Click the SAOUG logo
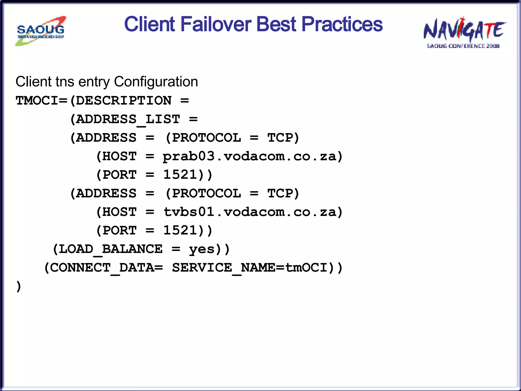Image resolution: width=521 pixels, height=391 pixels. pyautogui.click(x=41, y=31)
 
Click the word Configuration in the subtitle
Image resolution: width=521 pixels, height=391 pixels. pyautogui.click(x=156, y=82)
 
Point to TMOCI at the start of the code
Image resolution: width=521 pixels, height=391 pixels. pyautogui.click(x=37, y=101)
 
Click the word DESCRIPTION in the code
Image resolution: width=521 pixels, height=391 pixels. pyautogui.click(x=124, y=101)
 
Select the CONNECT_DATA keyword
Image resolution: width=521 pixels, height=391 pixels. pyautogui.click(x=102, y=268)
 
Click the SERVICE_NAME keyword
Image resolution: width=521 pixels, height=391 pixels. pyautogui.click(x=224, y=268)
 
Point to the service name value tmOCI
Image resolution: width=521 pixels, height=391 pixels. pyautogui.click(x=306, y=268)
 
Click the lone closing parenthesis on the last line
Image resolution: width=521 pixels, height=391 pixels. pyautogui.click(x=18, y=286)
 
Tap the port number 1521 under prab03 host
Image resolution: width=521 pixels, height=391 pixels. pyautogui.click(x=180, y=175)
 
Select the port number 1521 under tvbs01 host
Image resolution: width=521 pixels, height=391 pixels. pyautogui.click(x=180, y=231)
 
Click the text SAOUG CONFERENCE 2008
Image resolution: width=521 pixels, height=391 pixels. pyautogui.click(x=463, y=46)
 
